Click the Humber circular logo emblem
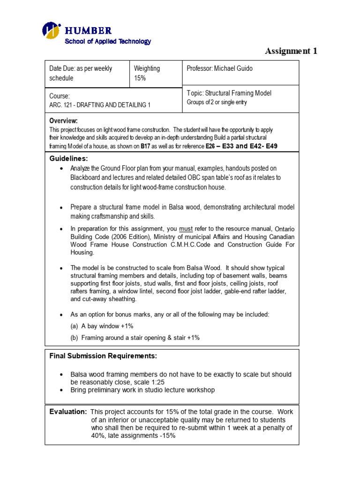tap(52, 30)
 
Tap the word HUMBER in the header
tap(88, 31)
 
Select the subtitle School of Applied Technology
tap(107, 41)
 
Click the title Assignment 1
tap(291, 51)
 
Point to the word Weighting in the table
tap(147, 68)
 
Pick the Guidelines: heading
tap(68, 158)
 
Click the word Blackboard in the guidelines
tap(87, 178)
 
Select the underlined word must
tap(186, 229)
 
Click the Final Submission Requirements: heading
tap(103, 356)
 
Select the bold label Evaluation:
tap(68, 411)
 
